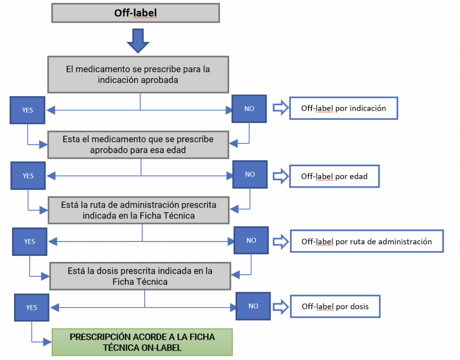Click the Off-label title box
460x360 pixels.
point(135,13)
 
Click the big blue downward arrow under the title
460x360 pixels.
point(137,41)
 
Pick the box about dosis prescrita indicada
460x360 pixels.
point(140,276)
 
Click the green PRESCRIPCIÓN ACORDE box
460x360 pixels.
point(142,342)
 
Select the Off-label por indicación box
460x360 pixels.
point(344,108)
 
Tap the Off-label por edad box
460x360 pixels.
point(334,176)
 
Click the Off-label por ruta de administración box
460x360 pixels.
point(367,241)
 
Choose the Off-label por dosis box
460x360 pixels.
point(335,307)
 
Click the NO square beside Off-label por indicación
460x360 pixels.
point(249,109)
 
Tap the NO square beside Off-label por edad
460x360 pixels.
point(250,175)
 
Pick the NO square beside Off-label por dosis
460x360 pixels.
point(253,306)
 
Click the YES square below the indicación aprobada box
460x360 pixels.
point(28,110)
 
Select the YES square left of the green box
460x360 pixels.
point(31,308)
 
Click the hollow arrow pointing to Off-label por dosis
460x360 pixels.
point(281,306)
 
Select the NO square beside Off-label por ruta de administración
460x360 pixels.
point(252,241)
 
